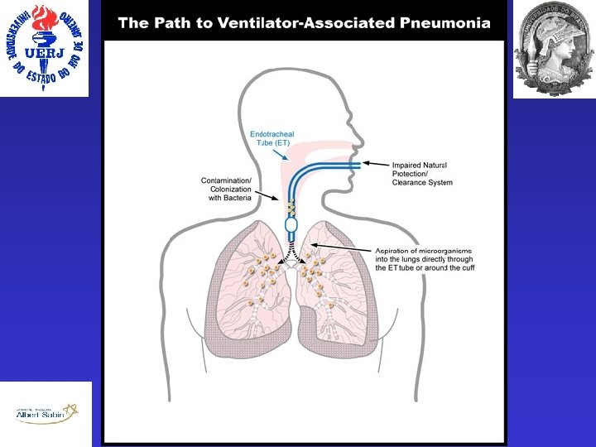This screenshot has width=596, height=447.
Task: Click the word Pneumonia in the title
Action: pos(446,22)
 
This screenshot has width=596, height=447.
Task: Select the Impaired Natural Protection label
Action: pos(422,174)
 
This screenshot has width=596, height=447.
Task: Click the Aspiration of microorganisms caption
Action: pos(424,259)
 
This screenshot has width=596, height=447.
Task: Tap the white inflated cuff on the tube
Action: pos(291,224)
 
